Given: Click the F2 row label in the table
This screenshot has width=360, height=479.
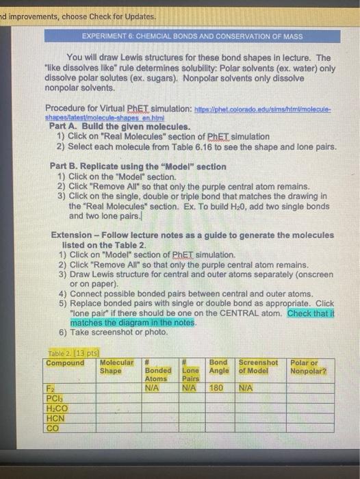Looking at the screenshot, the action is tap(52, 387).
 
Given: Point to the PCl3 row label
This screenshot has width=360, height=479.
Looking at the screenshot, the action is tap(54, 398).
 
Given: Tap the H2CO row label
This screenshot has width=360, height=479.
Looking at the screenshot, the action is tap(56, 408).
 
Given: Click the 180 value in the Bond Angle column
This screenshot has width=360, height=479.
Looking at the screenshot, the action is tap(217, 387).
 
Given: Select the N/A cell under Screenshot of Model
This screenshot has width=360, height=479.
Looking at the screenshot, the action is tap(247, 387).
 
